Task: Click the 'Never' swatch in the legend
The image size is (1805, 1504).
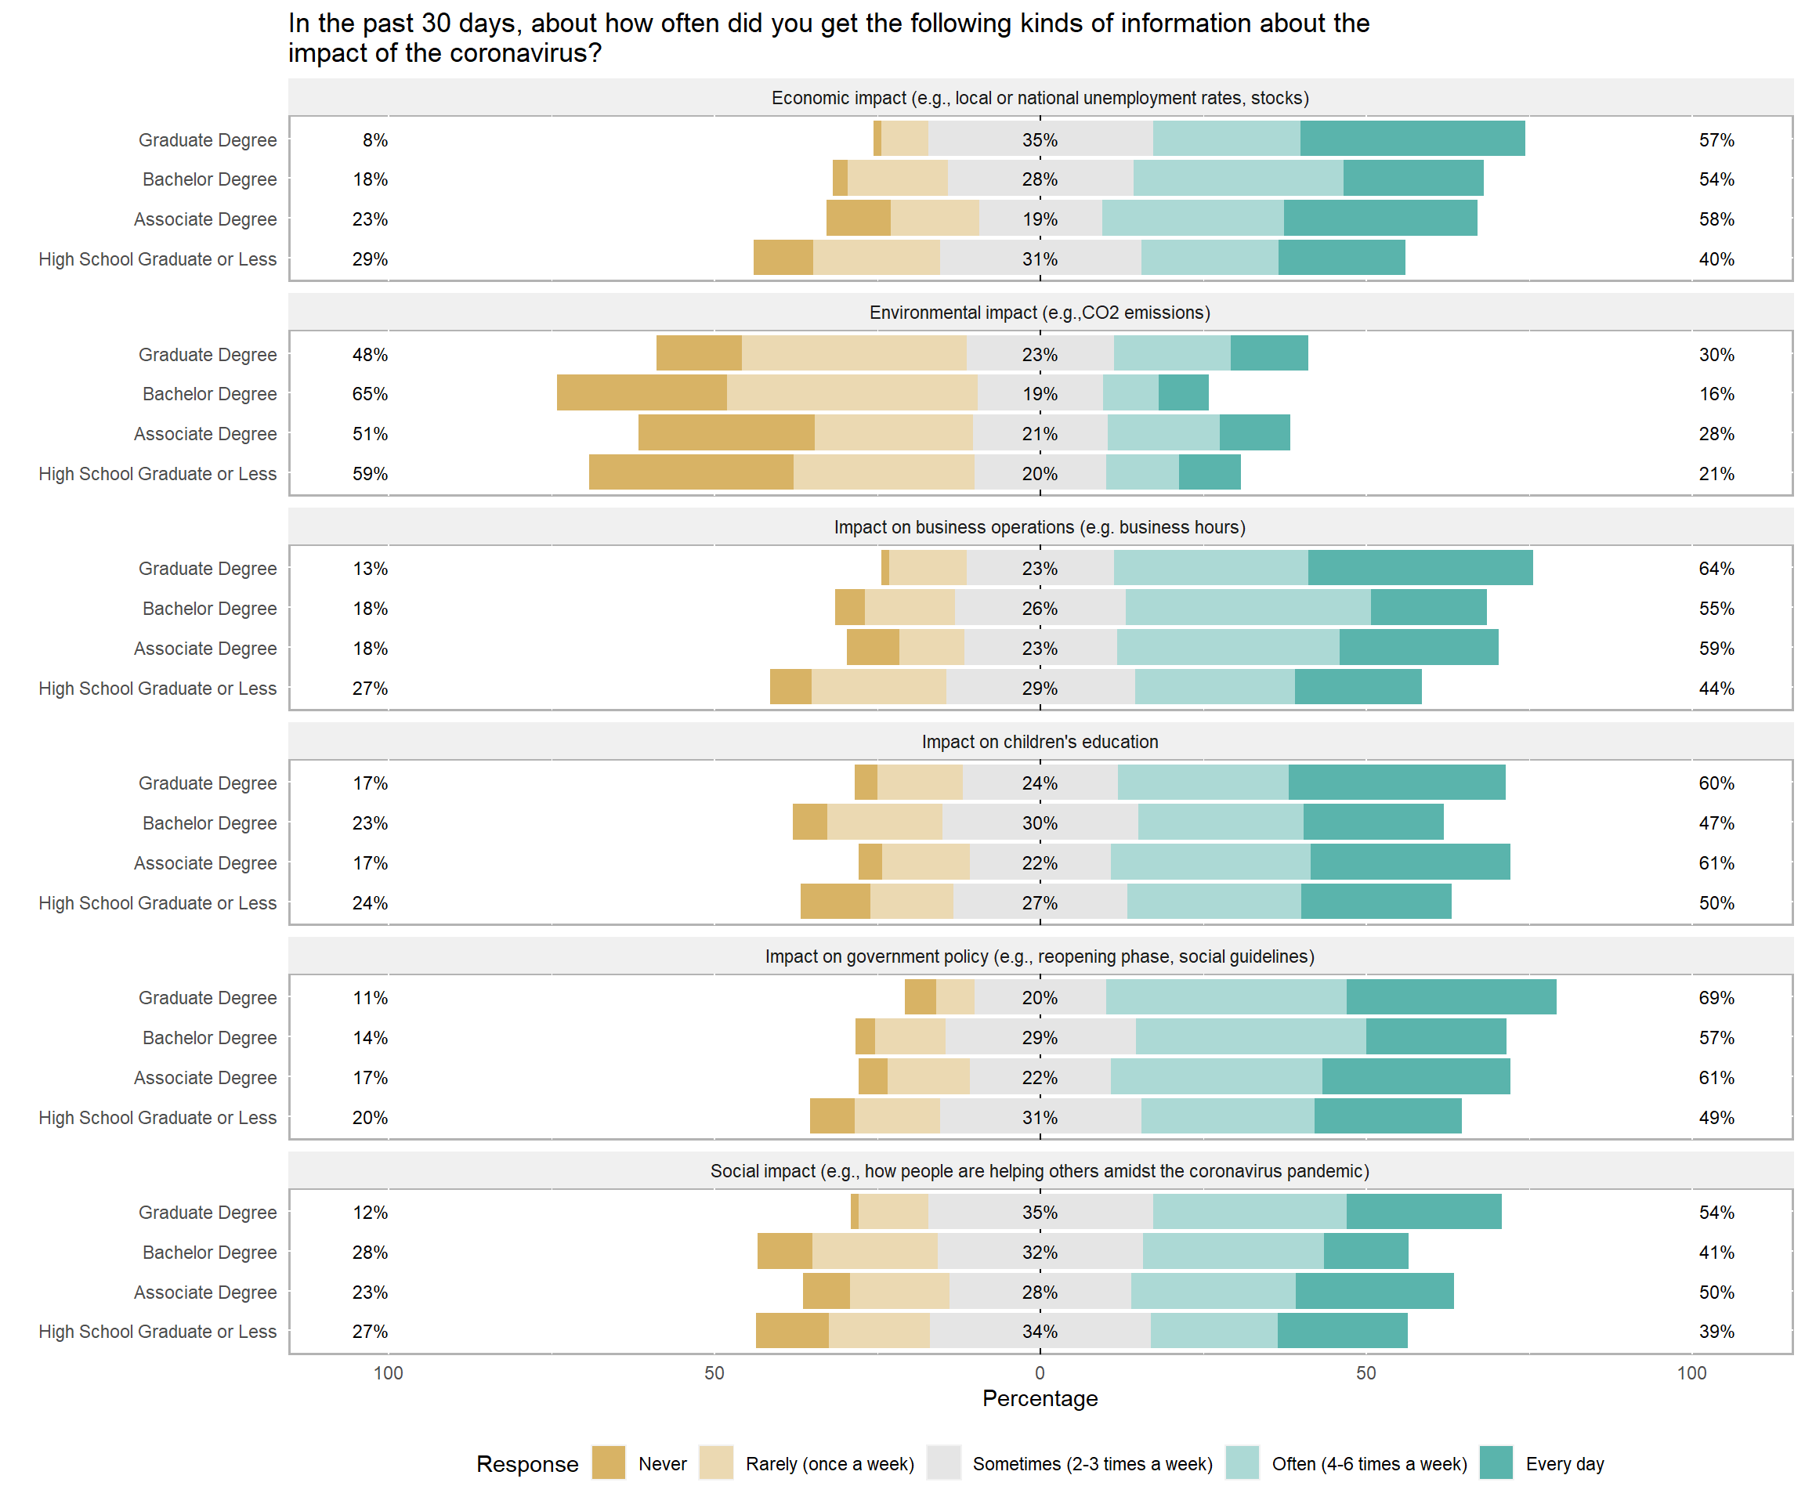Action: click(609, 1462)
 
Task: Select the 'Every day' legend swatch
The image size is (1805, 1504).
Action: click(1496, 1462)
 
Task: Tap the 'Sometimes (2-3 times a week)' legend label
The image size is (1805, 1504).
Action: click(1092, 1463)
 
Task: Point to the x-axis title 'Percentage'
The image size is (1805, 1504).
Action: click(1040, 1398)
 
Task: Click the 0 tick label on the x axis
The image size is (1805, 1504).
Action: click(1040, 1372)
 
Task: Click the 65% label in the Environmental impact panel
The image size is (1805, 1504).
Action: click(370, 393)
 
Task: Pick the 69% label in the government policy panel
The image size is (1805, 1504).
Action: click(1716, 998)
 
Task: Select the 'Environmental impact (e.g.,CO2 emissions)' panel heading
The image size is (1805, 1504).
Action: click(1040, 312)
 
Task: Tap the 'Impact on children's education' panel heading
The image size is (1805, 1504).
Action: click(1040, 742)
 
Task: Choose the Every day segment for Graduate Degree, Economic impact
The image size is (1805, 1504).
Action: click(1413, 139)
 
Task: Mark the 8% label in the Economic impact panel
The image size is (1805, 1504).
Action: click(374, 140)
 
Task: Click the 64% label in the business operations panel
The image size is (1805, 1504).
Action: click(1716, 568)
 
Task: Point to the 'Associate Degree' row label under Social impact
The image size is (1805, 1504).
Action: click(205, 1292)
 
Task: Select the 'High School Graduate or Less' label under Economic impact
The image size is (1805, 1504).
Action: click(157, 258)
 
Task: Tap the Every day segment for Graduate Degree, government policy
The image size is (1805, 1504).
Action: click(1451, 997)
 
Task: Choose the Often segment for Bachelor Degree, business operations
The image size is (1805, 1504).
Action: click(1248, 608)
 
